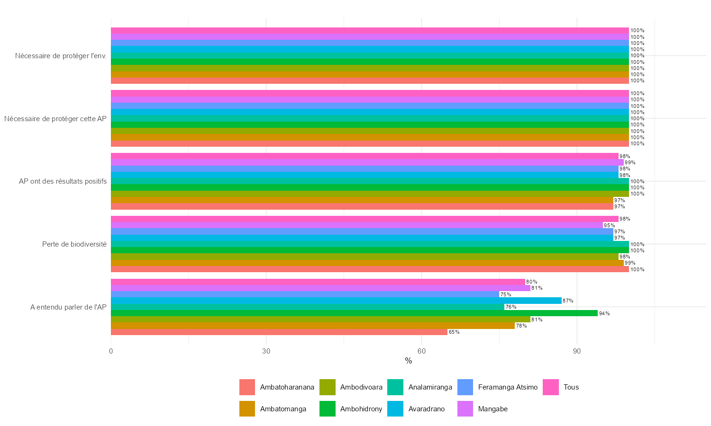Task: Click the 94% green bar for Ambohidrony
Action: click(x=354, y=313)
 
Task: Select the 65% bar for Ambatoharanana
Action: click(x=279, y=332)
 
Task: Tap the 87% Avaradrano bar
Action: click(x=336, y=301)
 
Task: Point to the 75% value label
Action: click(x=506, y=294)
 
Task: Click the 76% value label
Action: click(x=511, y=307)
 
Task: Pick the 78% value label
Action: click(x=521, y=326)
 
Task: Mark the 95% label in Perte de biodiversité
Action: click(x=609, y=225)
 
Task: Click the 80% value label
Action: click(x=532, y=282)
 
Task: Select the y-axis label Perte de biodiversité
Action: click(x=74, y=244)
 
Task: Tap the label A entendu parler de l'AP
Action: click(x=68, y=307)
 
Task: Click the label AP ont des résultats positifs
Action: click(x=63, y=181)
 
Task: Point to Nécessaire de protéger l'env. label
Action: click(x=61, y=56)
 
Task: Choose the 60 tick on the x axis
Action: click(x=421, y=351)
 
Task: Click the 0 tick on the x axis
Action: click(x=111, y=351)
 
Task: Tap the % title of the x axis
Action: click(x=409, y=361)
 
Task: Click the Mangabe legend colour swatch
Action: click(x=465, y=409)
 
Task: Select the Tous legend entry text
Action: click(x=571, y=387)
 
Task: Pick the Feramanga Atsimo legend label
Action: click(x=508, y=387)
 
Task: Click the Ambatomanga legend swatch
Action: click(x=247, y=409)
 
